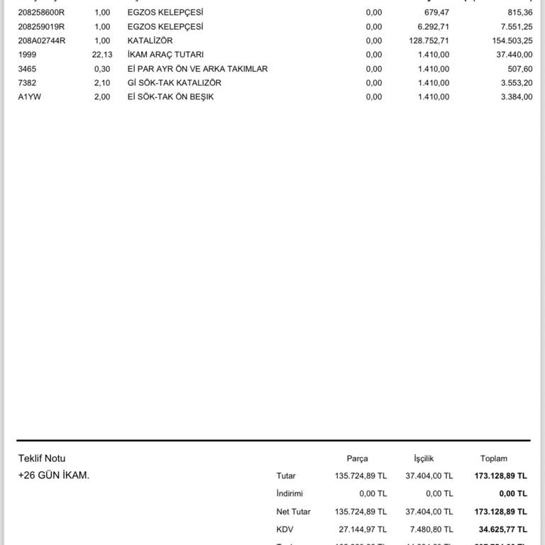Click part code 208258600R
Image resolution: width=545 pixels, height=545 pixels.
click(41, 12)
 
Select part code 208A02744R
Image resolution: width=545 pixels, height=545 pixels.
click(41, 40)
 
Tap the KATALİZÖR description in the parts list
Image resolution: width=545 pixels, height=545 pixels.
click(150, 40)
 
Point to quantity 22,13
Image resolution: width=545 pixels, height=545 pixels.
click(102, 55)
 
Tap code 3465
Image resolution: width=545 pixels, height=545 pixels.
click(27, 69)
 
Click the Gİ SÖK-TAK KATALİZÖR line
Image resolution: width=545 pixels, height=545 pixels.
click(174, 83)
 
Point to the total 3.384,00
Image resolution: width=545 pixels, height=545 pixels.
click(516, 97)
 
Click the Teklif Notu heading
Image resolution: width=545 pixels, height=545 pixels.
click(42, 458)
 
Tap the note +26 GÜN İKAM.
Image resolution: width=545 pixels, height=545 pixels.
click(54, 475)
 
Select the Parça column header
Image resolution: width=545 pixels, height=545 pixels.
click(357, 458)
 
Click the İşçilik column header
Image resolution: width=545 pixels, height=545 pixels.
click(424, 458)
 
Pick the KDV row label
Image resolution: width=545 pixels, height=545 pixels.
click(285, 529)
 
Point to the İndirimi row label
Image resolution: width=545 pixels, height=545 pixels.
click(290, 493)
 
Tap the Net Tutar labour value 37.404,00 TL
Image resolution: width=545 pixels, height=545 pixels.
click(429, 512)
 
